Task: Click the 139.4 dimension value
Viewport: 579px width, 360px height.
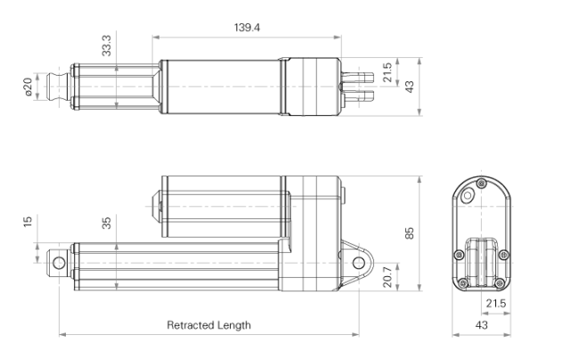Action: point(248,28)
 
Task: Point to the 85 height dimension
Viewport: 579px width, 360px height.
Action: point(410,233)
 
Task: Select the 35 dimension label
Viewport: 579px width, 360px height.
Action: point(108,223)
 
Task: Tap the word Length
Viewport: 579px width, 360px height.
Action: point(233,325)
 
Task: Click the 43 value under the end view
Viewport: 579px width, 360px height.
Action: point(481,325)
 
